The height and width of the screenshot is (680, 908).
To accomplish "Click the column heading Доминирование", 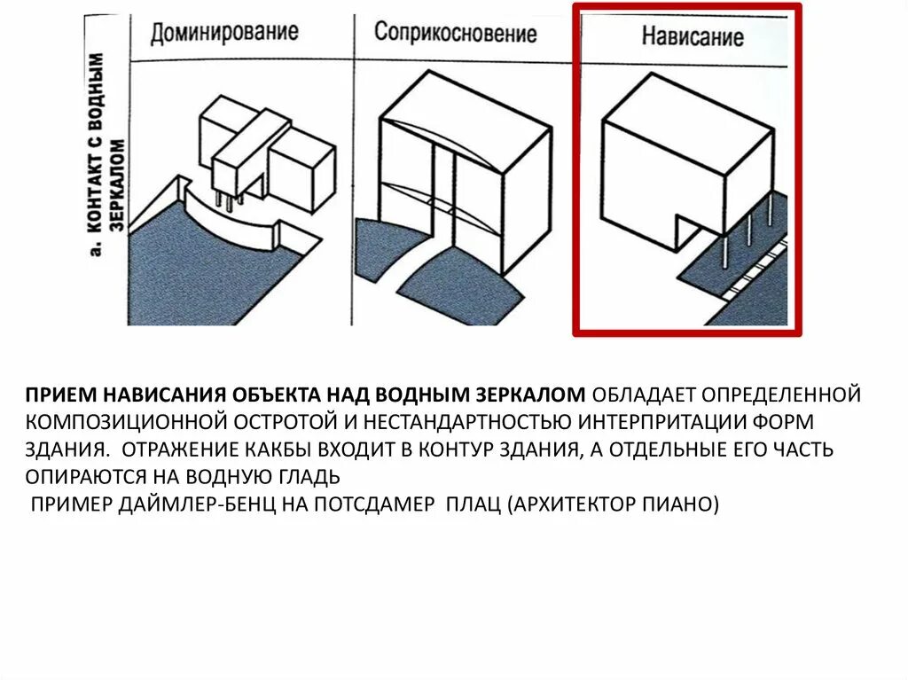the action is pos(223,34).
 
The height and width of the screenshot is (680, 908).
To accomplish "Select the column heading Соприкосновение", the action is pos(455,34).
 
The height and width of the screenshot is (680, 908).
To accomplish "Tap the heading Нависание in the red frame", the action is pos(692,37).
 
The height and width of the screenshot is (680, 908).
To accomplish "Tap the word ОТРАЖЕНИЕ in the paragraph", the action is pos(182,449).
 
